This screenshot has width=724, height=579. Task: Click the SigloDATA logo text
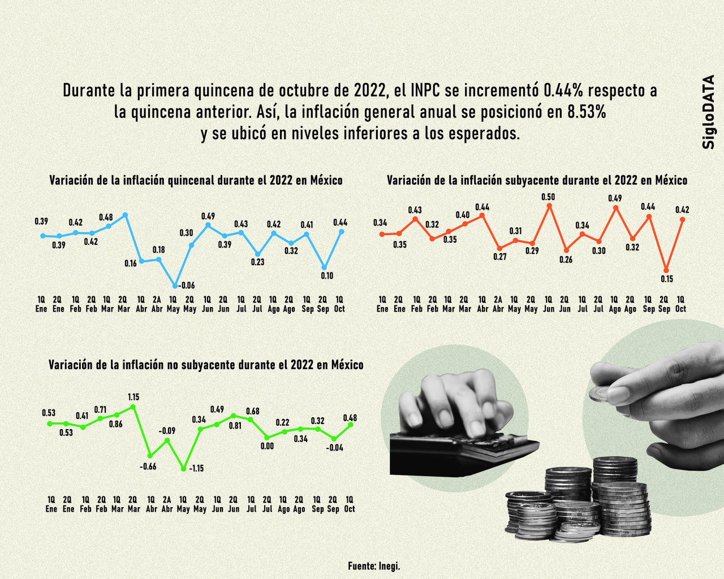click(x=708, y=112)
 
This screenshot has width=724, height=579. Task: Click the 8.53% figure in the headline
click(x=587, y=112)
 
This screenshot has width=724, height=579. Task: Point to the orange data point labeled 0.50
click(x=549, y=206)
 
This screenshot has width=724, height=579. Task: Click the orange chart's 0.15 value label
click(x=666, y=279)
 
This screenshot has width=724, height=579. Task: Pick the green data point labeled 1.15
click(x=133, y=407)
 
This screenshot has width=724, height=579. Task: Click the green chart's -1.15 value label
click(x=197, y=469)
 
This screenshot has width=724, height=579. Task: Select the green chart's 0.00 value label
click(x=267, y=446)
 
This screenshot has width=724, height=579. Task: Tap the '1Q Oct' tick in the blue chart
click(x=339, y=304)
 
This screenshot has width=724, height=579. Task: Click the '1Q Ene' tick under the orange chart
click(x=382, y=304)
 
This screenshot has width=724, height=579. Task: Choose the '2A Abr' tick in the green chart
click(x=167, y=504)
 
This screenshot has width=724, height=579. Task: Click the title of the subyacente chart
click(x=537, y=180)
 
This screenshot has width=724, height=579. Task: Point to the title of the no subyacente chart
click(x=206, y=365)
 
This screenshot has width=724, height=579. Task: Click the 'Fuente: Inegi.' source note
click(x=374, y=565)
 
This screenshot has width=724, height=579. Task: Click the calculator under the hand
click(x=458, y=450)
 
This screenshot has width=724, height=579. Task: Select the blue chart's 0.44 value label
click(x=341, y=222)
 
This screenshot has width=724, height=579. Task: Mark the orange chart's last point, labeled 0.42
click(x=682, y=219)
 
